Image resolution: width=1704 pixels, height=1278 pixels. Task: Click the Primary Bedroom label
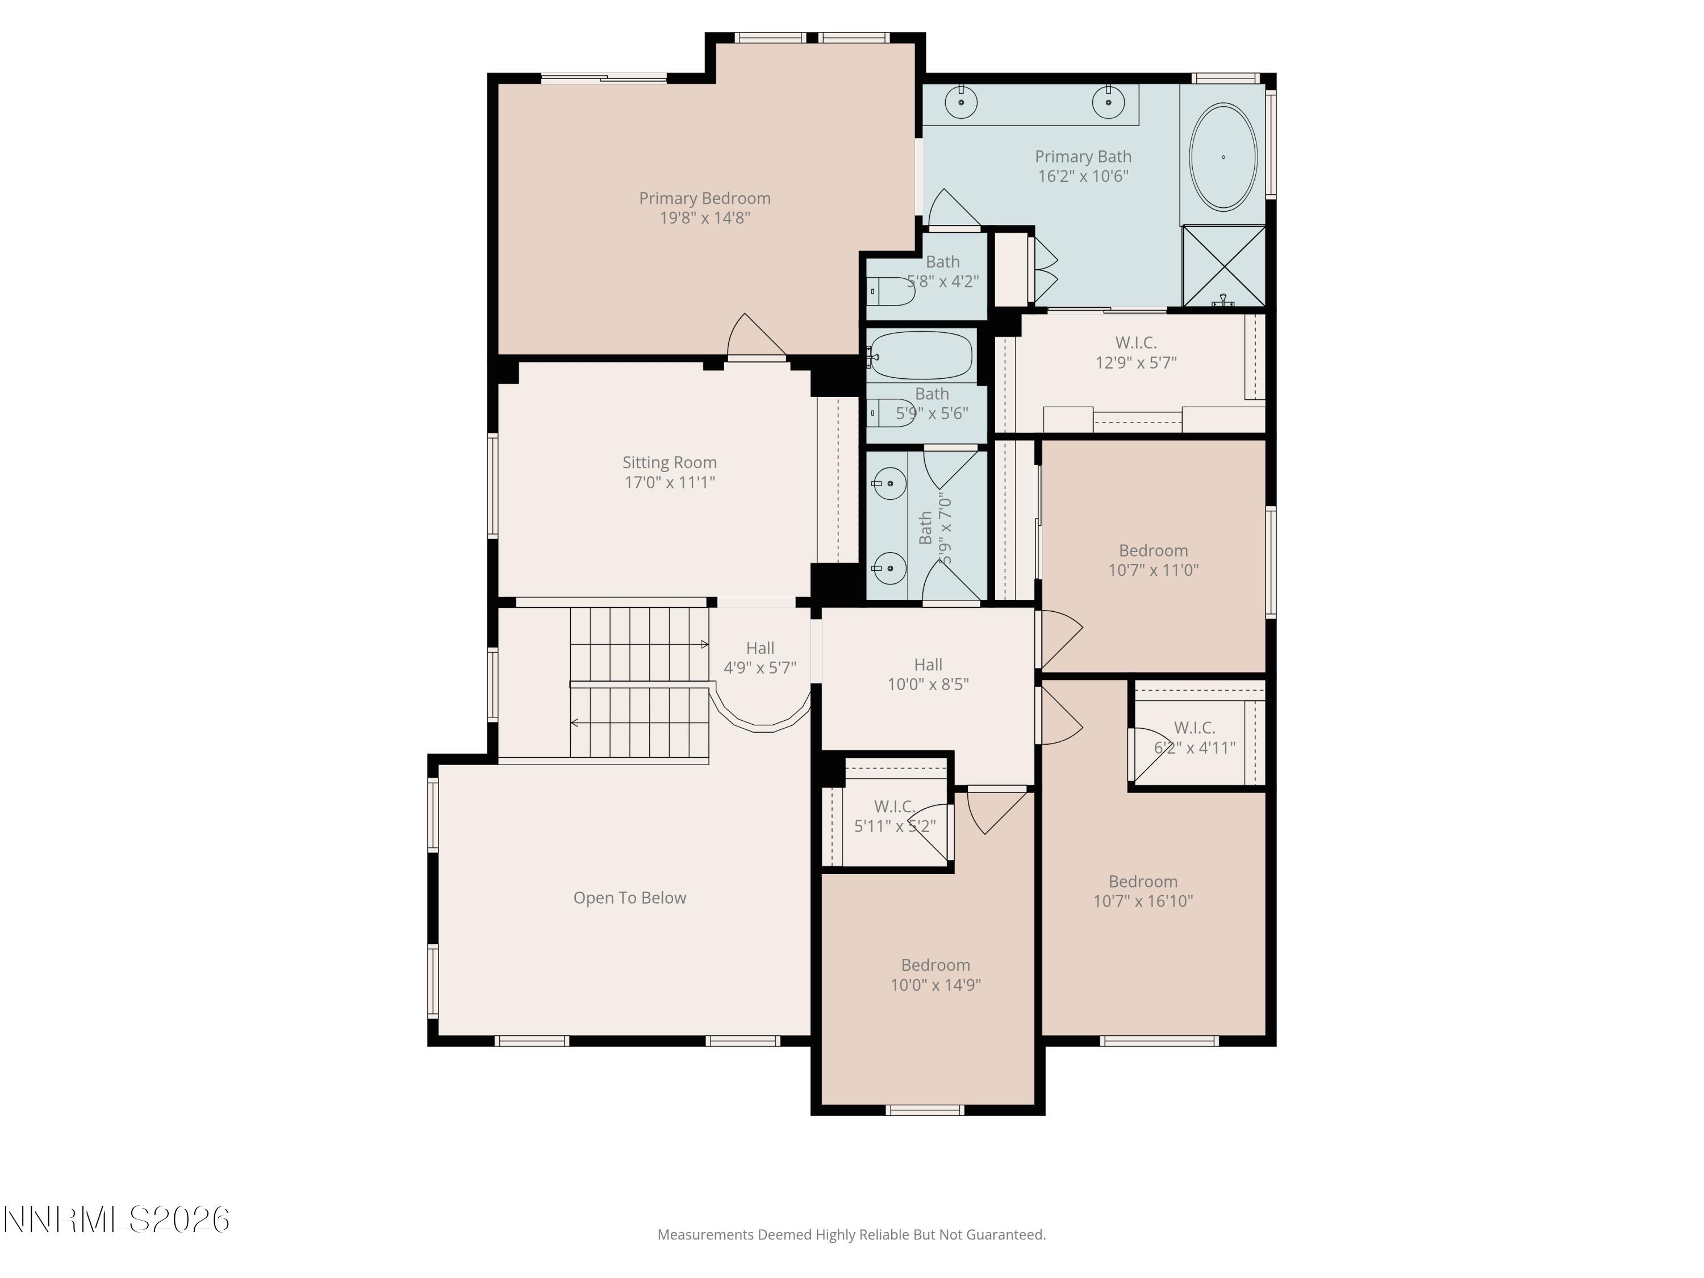pyautogui.click(x=704, y=199)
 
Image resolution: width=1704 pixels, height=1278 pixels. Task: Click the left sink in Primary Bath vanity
pyautogui.click(x=962, y=102)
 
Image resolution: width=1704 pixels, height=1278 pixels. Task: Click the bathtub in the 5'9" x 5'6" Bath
pyautogui.click(x=921, y=355)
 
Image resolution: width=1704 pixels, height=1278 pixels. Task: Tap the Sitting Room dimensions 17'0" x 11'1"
pyautogui.click(x=670, y=483)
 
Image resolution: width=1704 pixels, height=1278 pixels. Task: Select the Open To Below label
pyautogui.click(x=629, y=898)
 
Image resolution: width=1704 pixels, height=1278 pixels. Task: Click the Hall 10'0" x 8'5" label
pyautogui.click(x=928, y=674)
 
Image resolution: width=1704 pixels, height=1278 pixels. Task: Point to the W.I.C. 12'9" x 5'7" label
pyautogui.click(x=1135, y=352)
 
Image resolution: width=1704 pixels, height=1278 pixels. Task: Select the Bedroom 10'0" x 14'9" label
pyautogui.click(x=935, y=975)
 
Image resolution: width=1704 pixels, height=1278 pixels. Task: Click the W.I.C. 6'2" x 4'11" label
pyautogui.click(x=1194, y=737)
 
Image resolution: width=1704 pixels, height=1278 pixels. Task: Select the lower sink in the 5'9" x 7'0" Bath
pyautogui.click(x=889, y=569)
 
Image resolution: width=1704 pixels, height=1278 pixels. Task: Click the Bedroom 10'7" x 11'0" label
pyautogui.click(x=1152, y=560)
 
